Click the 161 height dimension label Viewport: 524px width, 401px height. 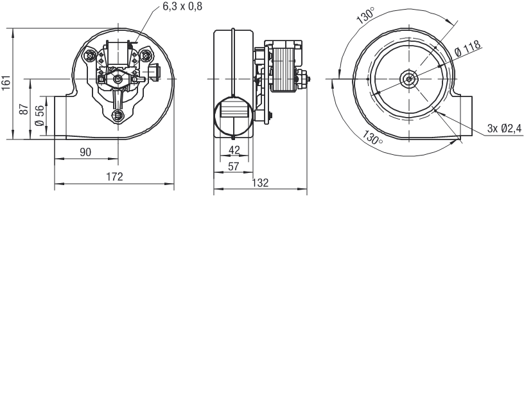pyautogui.click(x=6, y=83)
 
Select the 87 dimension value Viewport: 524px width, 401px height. pyautogui.click(x=23, y=109)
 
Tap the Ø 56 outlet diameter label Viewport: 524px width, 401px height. pyautogui.click(x=39, y=116)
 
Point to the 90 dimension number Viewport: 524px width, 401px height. pyautogui.click(x=85, y=152)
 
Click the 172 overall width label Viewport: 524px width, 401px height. pyautogui.click(x=114, y=177)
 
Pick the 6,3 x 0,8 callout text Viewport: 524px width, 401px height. pyautogui.click(x=182, y=6)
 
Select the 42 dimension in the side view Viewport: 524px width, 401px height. pyautogui.click(x=234, y=150)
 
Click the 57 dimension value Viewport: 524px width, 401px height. pyautogui.click(x=233, y=166)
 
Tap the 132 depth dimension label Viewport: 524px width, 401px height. pyautogui.click(x=260, y=183)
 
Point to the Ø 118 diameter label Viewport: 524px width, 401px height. pyautogui.click(x=468, y=48)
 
